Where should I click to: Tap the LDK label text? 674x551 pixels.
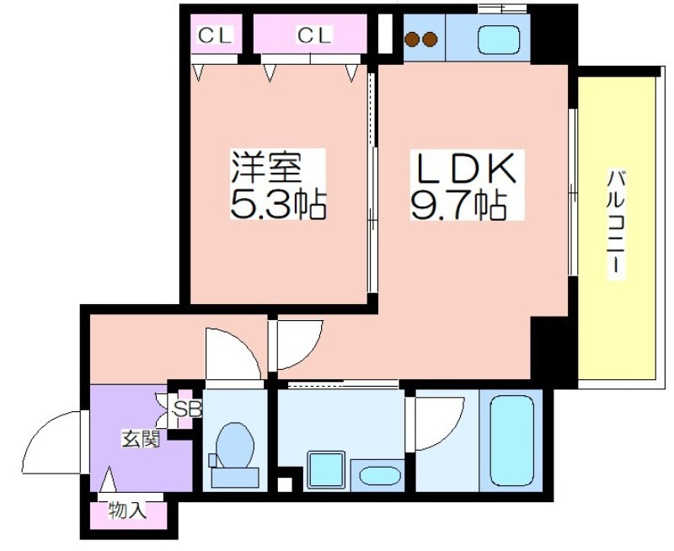(464, 167)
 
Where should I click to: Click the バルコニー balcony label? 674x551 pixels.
(615, 222)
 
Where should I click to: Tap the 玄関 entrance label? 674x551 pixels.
(140, 439)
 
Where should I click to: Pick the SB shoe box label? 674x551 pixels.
(187, 409)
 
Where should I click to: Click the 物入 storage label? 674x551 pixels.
(128, 511)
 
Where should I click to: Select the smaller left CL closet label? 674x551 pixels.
(215, 35)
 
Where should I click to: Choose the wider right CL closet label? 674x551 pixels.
(314, 35)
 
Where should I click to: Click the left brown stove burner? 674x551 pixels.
(412, 40)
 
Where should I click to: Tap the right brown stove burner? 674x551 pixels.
(430, 40)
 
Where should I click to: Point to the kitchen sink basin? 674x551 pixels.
(499, 40)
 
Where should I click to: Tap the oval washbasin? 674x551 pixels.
(380, 475)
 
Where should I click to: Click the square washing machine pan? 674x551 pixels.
(326, 470)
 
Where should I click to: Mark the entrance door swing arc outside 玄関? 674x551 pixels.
(40, 430)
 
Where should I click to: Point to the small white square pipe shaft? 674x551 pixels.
(284, 484)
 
